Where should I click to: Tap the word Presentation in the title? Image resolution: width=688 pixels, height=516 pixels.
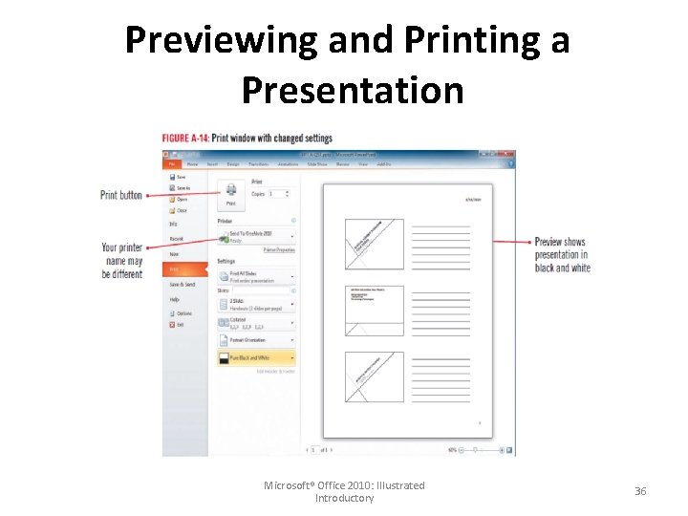point(352,90)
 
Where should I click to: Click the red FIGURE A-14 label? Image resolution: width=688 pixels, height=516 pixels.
point(184,138)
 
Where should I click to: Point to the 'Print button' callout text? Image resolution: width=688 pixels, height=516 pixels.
point(121,195)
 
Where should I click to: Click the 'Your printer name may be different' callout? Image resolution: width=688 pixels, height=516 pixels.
point(121,261)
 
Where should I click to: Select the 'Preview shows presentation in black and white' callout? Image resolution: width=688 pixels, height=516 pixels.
point(562,255)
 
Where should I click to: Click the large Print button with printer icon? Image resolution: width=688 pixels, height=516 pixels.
point(230,195)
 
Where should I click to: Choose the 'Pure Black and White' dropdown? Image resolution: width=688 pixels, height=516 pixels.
point(255,358)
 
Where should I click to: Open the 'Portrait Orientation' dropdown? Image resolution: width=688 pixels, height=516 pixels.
point(255,339)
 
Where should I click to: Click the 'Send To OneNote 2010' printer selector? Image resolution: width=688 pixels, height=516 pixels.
point(255,235)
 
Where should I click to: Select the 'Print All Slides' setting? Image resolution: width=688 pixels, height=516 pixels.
point(255,277)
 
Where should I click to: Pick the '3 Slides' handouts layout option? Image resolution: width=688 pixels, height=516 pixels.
point(255,305)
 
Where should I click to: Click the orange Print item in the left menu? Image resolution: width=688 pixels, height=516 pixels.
point(184,270)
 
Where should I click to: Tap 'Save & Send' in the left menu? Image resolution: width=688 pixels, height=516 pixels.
point(183,285)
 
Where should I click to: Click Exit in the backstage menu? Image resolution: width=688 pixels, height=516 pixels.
point(179,325)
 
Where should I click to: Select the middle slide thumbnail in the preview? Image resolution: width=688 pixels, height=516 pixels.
point(375,310)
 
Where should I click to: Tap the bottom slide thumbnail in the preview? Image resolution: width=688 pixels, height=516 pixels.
point(375,377)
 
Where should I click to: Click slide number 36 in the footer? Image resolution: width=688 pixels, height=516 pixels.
point(640,491)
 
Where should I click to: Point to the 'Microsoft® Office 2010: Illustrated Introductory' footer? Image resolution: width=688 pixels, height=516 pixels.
point(344,491)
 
